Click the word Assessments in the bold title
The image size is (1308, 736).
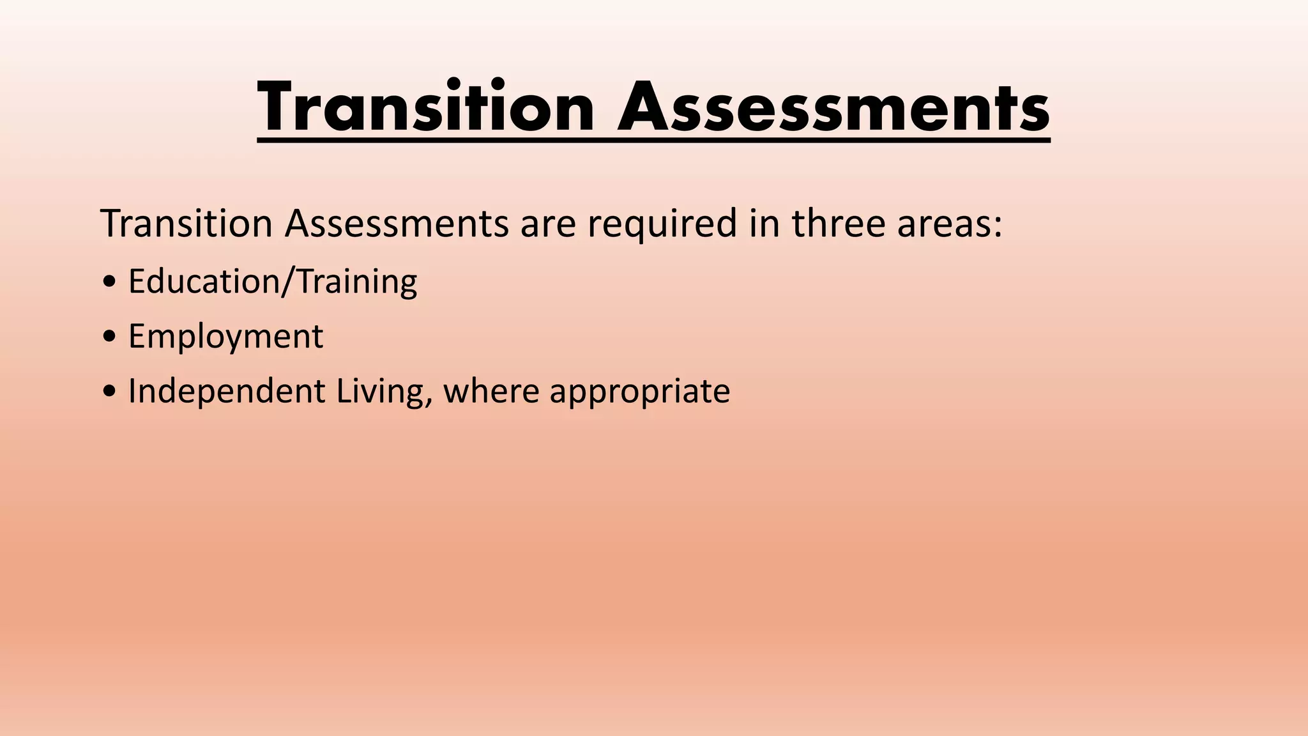tap(833, 107)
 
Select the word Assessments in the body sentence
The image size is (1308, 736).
tap(397, 224)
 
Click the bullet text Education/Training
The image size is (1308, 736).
tap(273, 281)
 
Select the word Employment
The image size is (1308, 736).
tap(225, 337)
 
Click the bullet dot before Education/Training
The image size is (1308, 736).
tap(109, 282)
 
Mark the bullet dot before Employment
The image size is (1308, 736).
tap(109, 337)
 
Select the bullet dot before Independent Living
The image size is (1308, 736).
tap(109, 392)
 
